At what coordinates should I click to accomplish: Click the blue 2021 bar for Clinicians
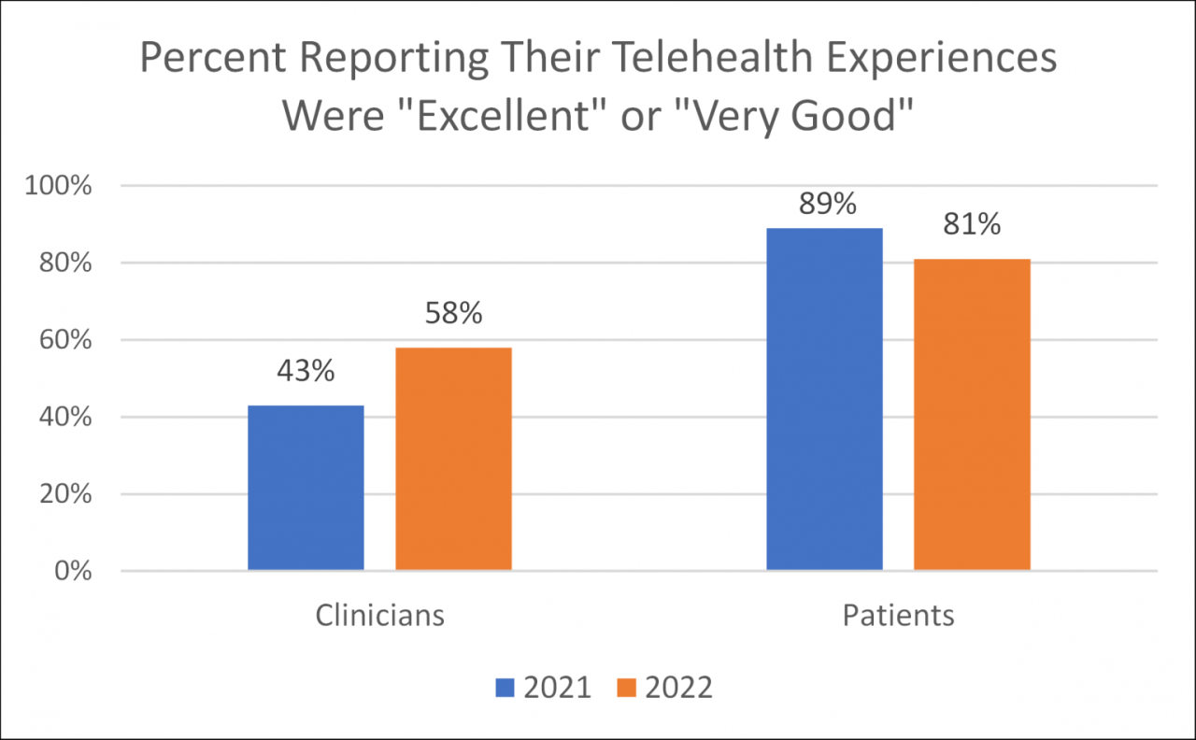point(306,487)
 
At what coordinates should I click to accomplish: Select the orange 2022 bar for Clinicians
point(453,458)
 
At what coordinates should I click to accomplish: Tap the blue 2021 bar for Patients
point(824,399)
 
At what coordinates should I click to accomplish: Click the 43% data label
point(306,371)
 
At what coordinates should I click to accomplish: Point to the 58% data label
point(453,313)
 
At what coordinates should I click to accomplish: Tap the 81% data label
point(972,224)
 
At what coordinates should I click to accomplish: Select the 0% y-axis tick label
point(71,571)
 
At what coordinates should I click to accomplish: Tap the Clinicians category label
point(379,616)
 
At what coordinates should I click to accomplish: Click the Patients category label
point(898,616)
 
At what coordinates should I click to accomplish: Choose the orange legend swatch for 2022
point(626,689)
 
